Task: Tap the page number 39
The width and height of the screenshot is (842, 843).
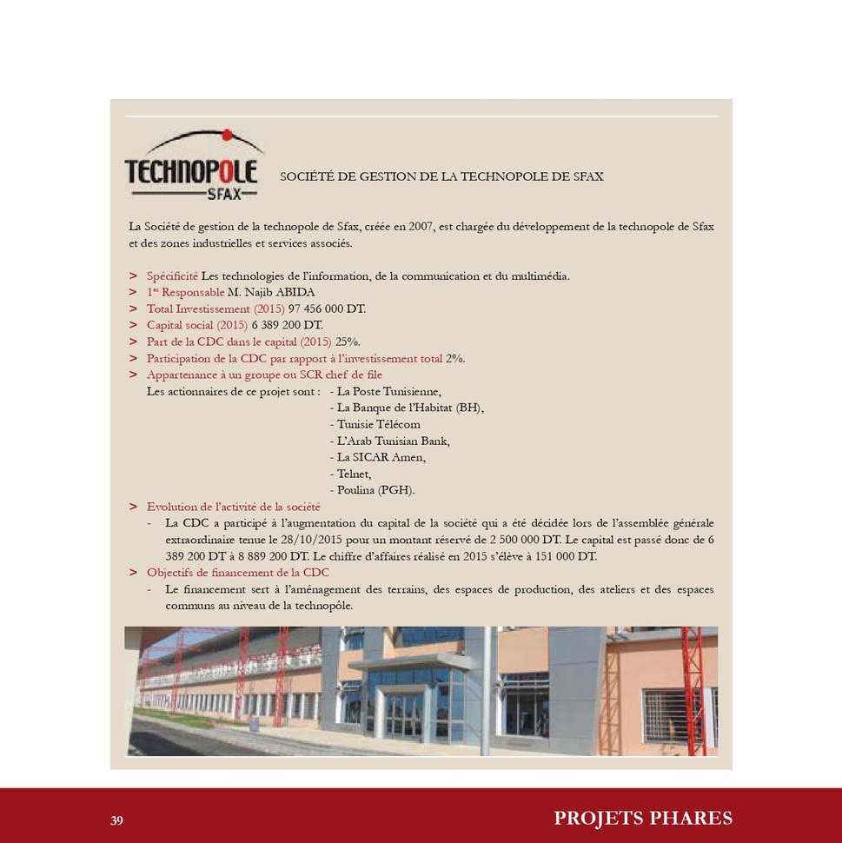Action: click(x=117, y=820)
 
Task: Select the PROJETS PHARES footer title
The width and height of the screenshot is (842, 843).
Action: click(x=643, y=818)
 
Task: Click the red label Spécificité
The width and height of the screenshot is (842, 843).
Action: click(x=172, y=275)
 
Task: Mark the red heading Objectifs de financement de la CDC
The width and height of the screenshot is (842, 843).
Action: click(x=237, y=573)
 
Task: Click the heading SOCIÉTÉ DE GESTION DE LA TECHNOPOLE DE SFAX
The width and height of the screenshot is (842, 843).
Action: click(x=441, y=176)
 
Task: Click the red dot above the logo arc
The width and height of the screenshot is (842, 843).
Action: click(x=227, y=135)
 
